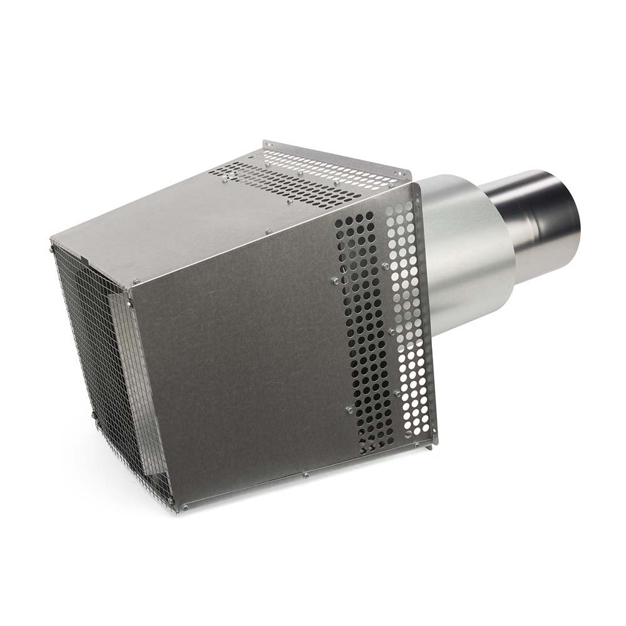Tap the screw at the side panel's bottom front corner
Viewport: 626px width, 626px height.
click(184, 506)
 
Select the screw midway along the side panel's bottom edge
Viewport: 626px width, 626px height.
click(305, 475)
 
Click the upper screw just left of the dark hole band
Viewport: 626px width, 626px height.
click(334, 281)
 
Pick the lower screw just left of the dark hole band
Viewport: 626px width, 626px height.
click(349, 409)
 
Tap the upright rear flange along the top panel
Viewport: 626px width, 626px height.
click(338, 159)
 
